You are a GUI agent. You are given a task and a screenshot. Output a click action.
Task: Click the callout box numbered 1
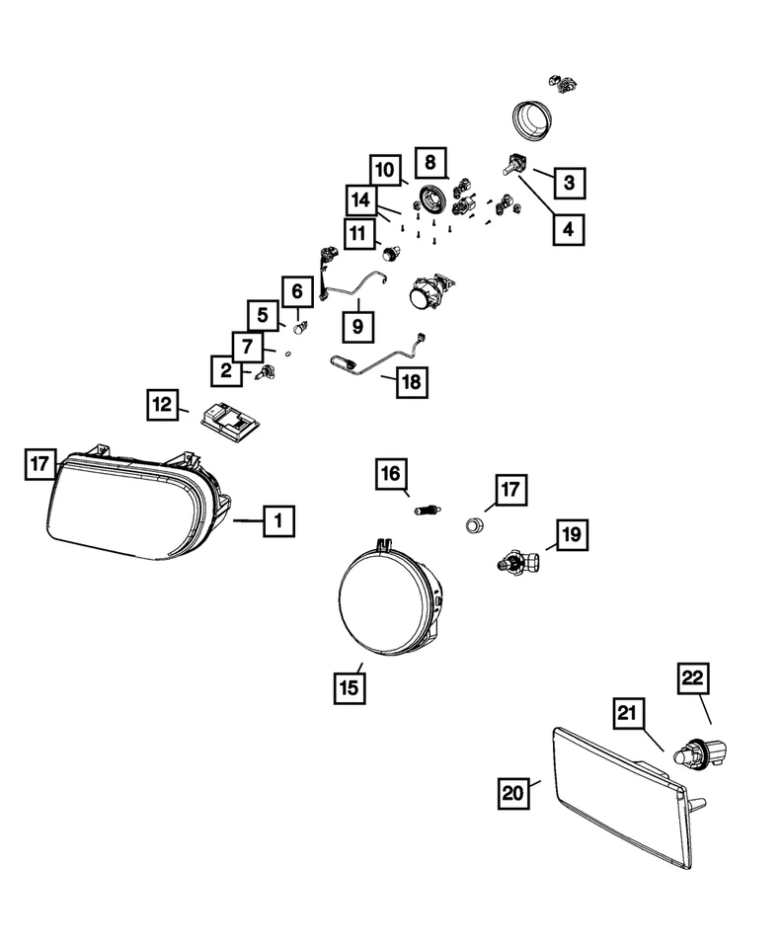tap(278, 519)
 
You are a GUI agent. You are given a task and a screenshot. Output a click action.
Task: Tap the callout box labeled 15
tap(349, 687)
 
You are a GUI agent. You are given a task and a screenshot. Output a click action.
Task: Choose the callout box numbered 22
tap(693, 680)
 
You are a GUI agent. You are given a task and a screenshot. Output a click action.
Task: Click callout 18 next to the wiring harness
tap(413, 381)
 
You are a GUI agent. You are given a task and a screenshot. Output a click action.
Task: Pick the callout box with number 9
tap(358, 324)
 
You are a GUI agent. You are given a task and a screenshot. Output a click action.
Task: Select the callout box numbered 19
tap(572, 535)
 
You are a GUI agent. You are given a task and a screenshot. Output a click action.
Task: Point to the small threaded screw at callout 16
tap(426, 511)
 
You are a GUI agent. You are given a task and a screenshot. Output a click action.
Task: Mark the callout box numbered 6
tap(296, 292)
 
